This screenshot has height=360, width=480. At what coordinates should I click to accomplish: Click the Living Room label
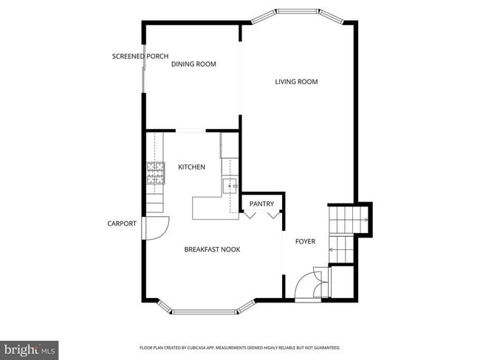click(296, 82)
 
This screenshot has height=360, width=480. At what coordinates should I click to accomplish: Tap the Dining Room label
click(193, 64)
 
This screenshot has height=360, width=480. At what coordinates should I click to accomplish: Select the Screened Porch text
click(140, 56)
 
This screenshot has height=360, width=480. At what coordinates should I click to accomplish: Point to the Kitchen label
click(191, 167)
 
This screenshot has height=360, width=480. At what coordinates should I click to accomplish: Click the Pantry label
click(261, 204)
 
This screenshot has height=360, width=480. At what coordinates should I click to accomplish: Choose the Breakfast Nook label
click(212, 249)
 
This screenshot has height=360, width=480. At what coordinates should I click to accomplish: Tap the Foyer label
click(305, 241)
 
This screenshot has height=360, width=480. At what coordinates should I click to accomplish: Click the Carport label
click(121, 224)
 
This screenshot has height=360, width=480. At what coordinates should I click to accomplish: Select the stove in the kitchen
click(155, 174)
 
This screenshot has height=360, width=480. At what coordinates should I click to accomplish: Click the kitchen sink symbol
click(230, 187)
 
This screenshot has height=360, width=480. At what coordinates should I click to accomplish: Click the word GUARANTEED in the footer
click(325, 347)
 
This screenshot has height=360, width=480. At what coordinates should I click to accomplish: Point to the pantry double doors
click(263, 215)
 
